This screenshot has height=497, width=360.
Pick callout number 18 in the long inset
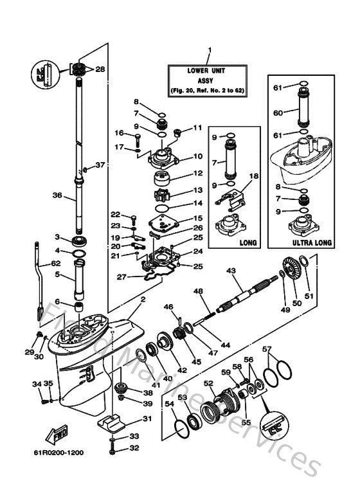[x=253, y=175]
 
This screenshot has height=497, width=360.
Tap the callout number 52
[x=209, y=383]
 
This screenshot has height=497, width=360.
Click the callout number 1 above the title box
[x=209, y=50]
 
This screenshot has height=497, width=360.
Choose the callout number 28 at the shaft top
[x=100, y=69]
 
